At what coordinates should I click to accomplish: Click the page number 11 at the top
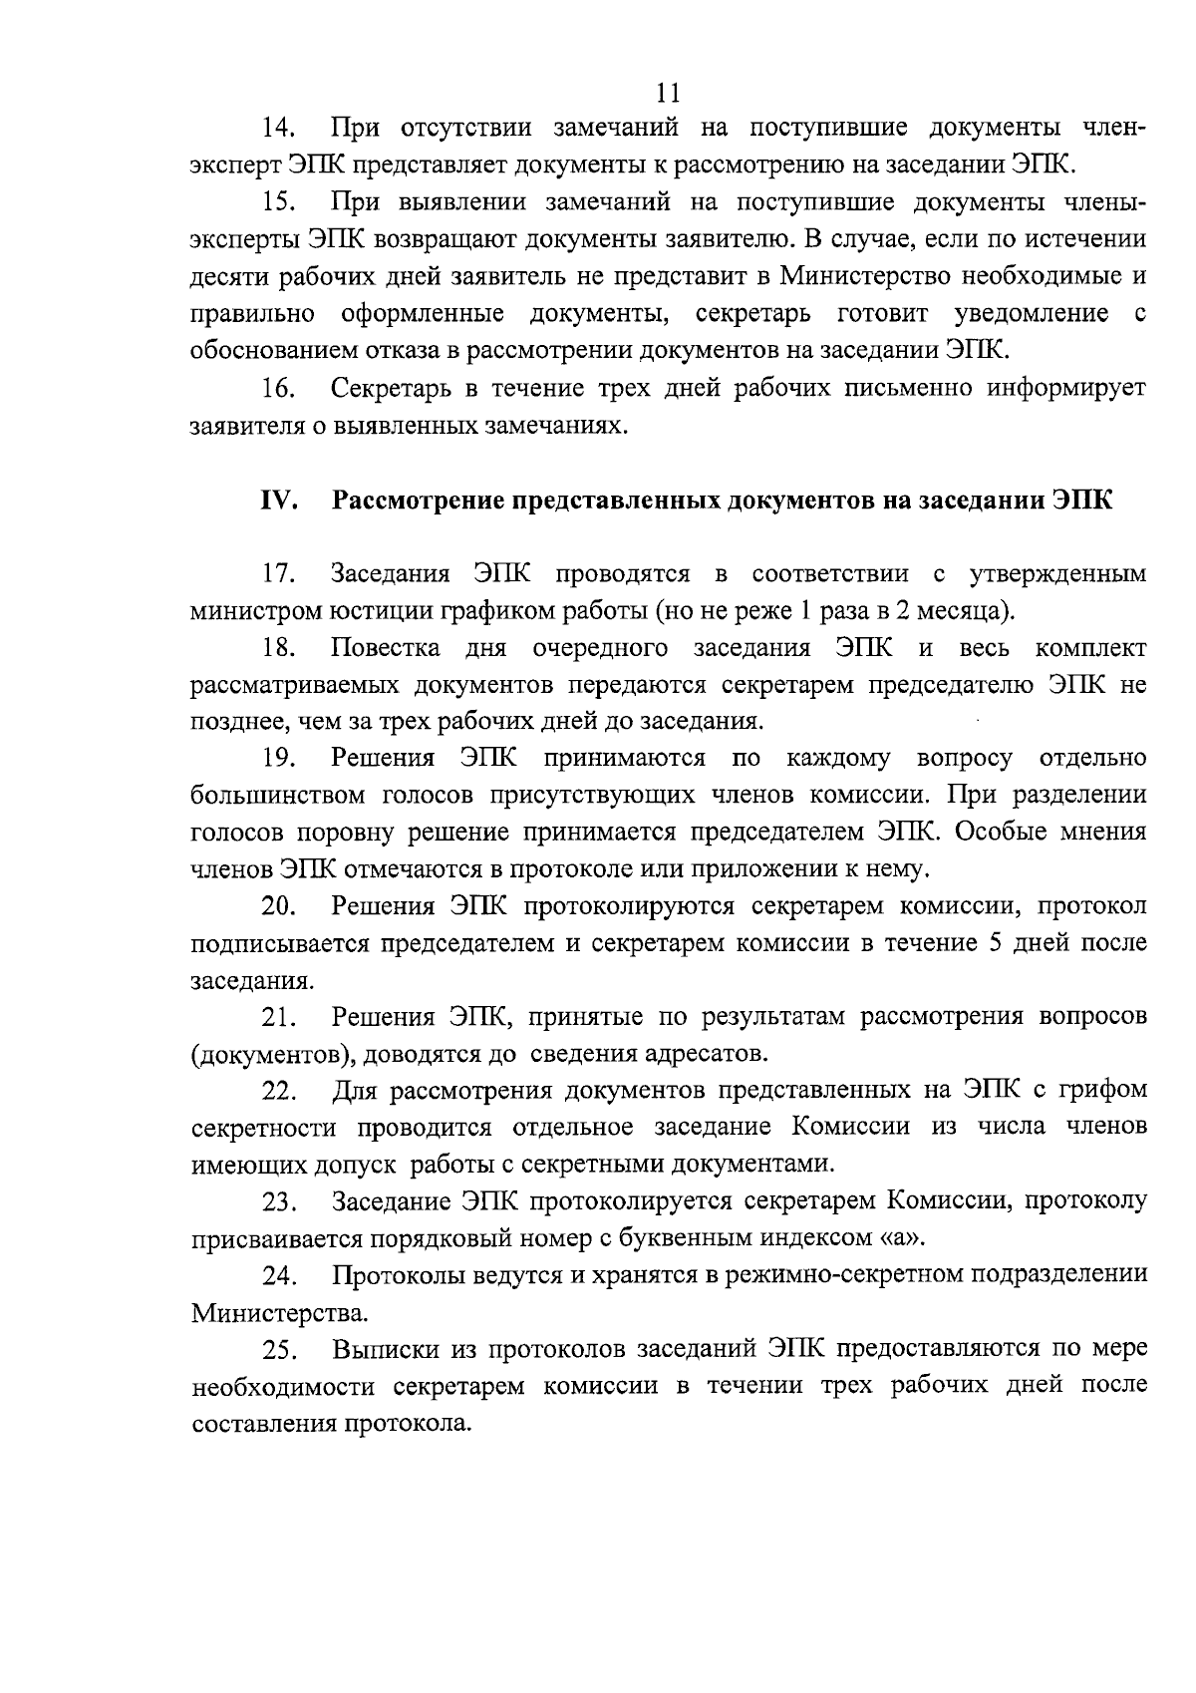click(x=669, y=93)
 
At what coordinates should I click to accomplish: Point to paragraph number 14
click(x=281, y=130)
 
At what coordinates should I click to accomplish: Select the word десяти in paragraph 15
click(x=228, y=277)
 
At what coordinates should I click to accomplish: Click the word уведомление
click(x=1031, y=314)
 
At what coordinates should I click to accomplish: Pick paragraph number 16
click(x=281, y=389)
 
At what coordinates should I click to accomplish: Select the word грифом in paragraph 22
click(x=1105, y=1090)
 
